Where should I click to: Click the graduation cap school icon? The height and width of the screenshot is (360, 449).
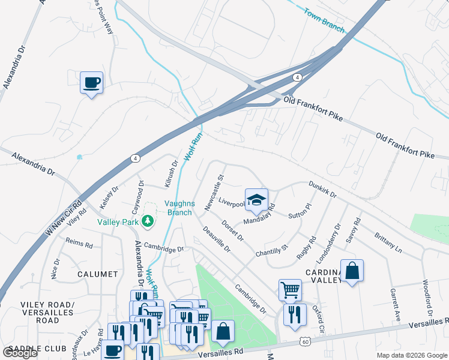(256, 200)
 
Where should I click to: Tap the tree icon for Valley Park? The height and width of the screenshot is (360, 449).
(148, 222)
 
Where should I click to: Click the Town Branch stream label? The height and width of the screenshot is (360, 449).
(324, 20)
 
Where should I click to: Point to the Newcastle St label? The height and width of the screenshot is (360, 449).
(213, 193)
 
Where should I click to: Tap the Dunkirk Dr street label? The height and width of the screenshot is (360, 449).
(323, 190)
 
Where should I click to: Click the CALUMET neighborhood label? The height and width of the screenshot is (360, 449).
(97, 274)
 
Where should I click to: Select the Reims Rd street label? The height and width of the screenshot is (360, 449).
(79, 244)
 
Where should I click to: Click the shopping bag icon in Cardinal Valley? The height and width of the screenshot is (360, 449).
(352, 271)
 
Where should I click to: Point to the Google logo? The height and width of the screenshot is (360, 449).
(20, 353)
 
